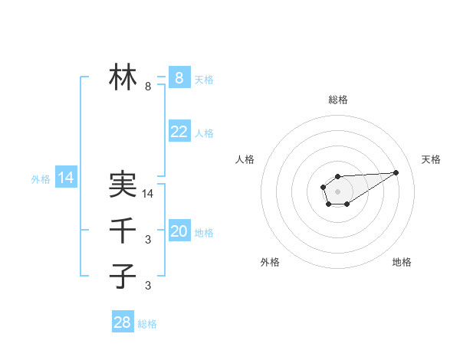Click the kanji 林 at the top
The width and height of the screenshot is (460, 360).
click(x=123, y=77)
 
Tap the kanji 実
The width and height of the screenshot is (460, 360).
click(x=123, y=185)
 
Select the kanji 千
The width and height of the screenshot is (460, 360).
click(x=123, y=231)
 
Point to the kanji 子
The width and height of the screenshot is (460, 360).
click(x=123, y=275)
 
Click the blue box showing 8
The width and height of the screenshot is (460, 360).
click(x=179, y=77)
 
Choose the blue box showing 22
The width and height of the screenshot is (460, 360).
click(x=179, y=132)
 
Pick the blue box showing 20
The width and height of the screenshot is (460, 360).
click(x=179, y=231)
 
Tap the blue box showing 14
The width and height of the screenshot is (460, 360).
click(x=66, y=178)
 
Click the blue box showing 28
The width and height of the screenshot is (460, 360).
click(x=123, y=322)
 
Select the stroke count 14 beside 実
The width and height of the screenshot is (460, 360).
click(x=148, y=195)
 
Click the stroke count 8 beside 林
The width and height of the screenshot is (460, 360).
click(x=148, y=87)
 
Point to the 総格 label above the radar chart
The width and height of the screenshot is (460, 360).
click(x=338, y=100)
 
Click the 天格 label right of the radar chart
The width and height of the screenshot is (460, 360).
click(x=432, y=159)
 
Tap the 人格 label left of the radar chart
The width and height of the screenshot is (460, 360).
click(x=245, y=159)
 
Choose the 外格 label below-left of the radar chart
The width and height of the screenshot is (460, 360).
click(x=270, y=262)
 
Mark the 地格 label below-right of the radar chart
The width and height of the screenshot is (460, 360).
click(x=402, y=262)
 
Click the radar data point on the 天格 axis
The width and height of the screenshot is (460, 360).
click(x=396, y=172)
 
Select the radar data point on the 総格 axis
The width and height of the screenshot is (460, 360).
click(x=337, y=177)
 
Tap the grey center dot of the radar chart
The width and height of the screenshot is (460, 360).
click(x=337, y=191)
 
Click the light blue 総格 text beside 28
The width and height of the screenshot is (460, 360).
click(x=147, y=324)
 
